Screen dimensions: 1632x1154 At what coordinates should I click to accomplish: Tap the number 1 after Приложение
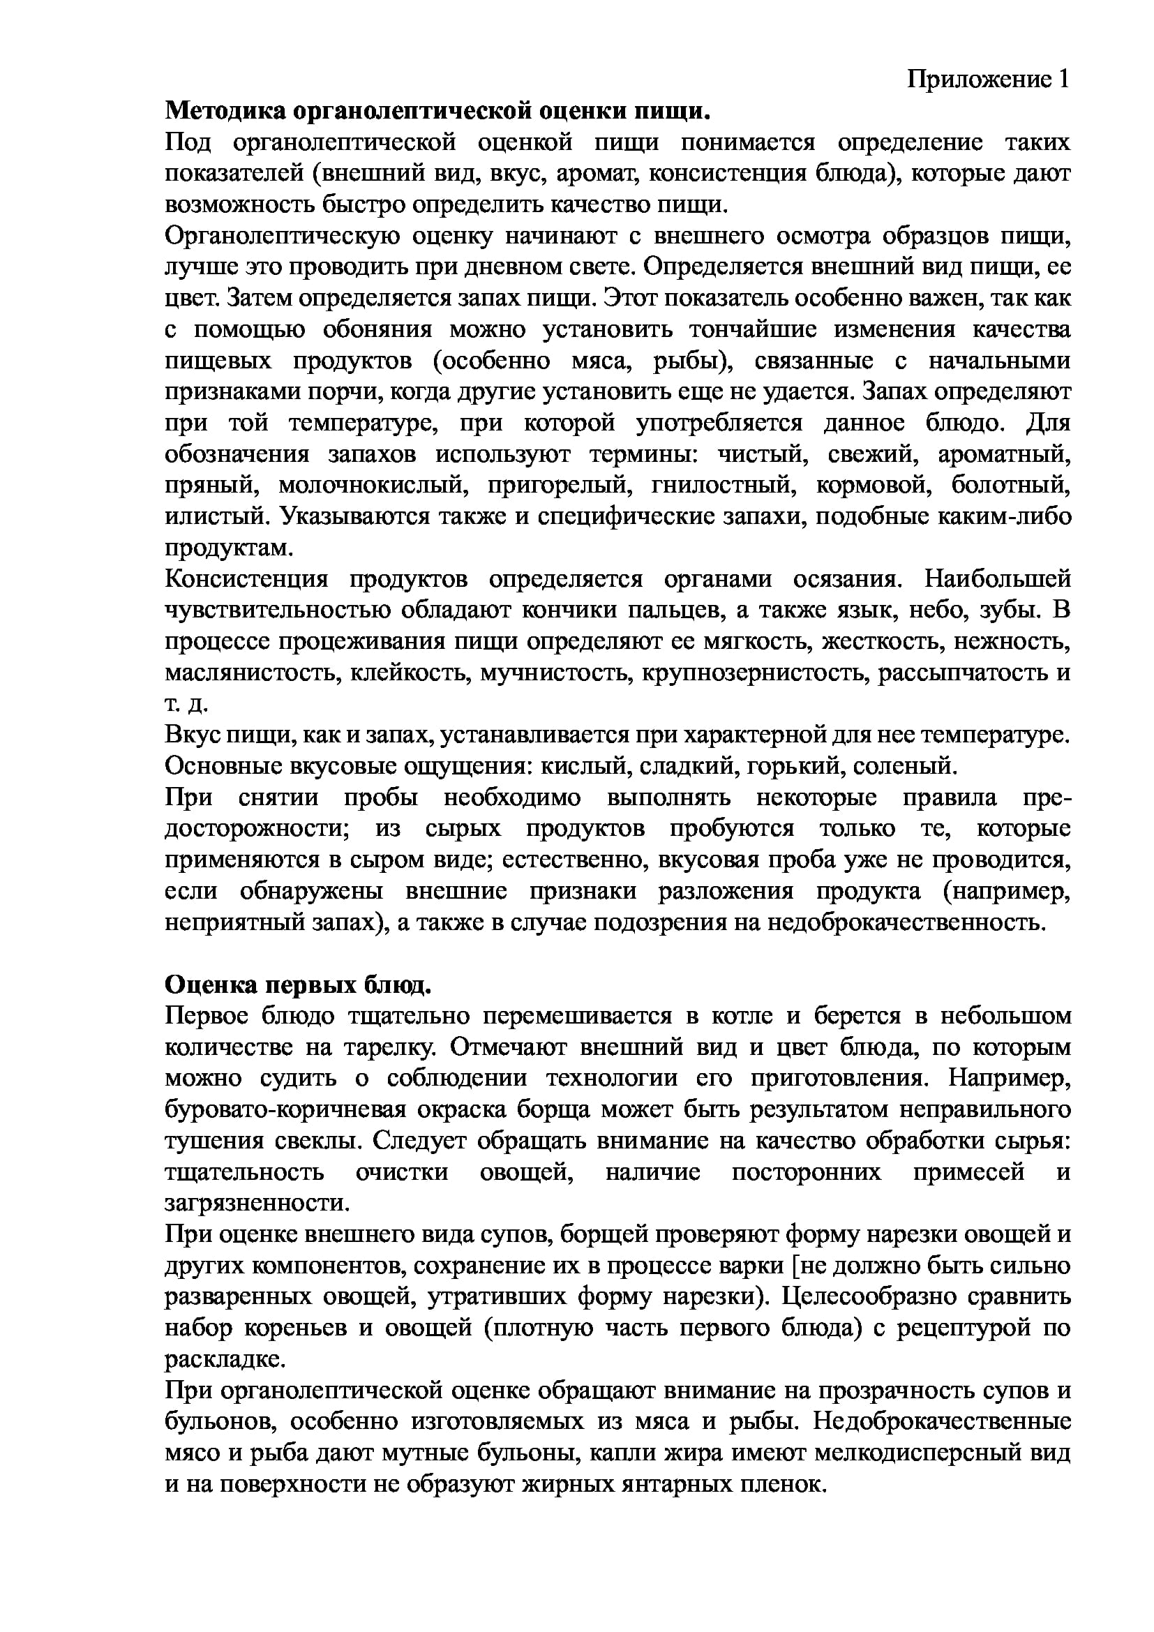pyautogui.click(x=1063, y=79)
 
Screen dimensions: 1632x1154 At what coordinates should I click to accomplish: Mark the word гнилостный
pyautogui.click(x=721, y=485)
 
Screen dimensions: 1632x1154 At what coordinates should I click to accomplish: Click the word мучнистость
pyautogui.click(x=555, y=673)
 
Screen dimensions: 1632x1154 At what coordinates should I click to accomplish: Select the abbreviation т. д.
pyautogui.click(x=186, y=704)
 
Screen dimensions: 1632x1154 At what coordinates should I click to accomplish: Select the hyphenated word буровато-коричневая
pyautogui.click(x=285, y=1109)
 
